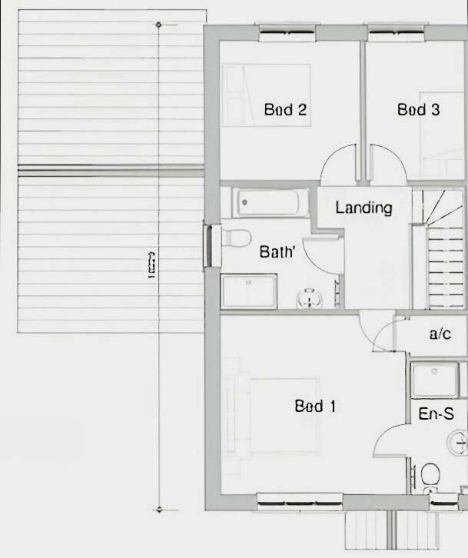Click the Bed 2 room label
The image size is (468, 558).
tap(285, 110)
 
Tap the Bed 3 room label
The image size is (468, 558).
tap(418, 110)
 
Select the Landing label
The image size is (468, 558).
tap(363, 208)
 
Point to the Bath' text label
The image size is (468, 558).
tap(277, 251)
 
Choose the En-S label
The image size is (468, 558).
tap(436, 414)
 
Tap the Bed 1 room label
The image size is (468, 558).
tap(315, 406)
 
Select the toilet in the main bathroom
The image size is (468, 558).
tap(235, 237)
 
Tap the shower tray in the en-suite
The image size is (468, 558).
tap(435, 380)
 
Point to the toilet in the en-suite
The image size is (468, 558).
tap(430, 475)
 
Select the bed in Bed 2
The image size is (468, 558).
tap(266, 95)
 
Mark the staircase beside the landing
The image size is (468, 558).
tap(440, 250)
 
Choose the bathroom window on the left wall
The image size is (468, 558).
tap(207, 245)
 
